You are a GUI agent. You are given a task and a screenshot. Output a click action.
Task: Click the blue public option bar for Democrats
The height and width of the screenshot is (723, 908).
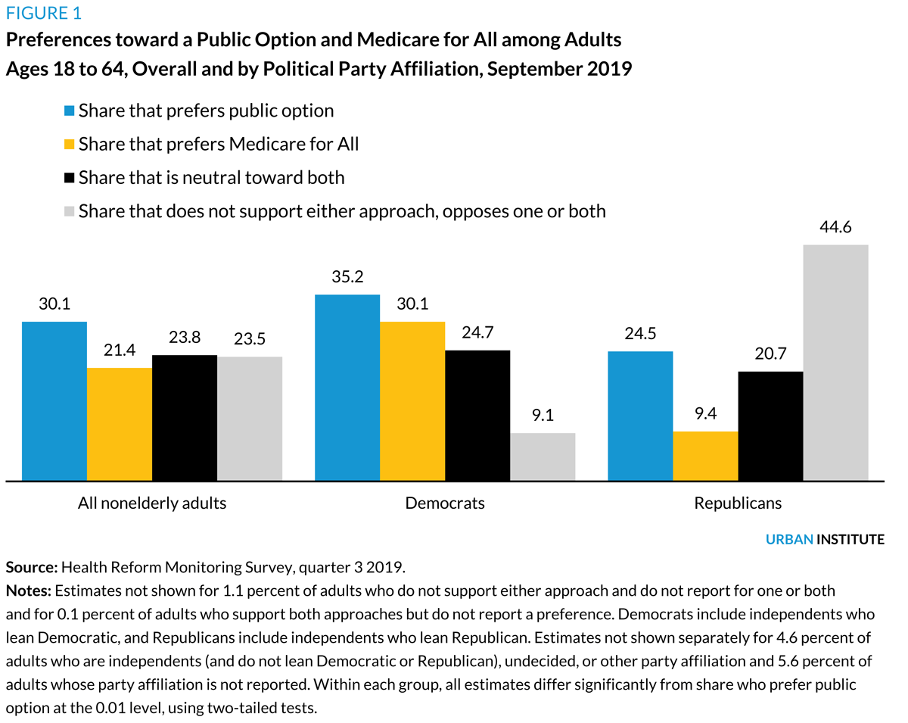point(347,387)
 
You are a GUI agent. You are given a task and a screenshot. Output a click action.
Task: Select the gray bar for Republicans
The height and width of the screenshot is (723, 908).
point(835,362)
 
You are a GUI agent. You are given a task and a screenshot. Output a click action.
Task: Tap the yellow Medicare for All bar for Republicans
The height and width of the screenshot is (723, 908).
point(705,456)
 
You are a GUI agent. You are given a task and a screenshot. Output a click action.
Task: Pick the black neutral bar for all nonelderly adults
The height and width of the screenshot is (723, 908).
point(185,417)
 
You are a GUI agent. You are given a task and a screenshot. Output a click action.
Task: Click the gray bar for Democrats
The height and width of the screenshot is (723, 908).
point(543,457)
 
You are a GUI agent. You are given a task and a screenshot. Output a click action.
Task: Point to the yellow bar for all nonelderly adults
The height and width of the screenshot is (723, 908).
point(120,424)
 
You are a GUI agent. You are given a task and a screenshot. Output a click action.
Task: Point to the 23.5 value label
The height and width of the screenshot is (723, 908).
point(250,340)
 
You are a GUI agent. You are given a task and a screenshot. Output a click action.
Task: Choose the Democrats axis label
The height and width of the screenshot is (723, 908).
point(445,503)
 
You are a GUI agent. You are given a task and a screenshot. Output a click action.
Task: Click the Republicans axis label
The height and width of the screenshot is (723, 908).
point(738,503)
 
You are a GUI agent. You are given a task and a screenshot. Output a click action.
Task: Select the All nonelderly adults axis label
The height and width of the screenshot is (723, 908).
point(152,503)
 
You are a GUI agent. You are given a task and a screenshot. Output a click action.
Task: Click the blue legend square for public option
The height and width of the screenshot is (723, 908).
point(70,111)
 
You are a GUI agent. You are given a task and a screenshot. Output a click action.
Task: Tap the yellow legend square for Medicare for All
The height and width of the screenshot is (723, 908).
point(70,145)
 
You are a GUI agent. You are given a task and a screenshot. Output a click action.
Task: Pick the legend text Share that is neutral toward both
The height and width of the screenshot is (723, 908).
point(211,178)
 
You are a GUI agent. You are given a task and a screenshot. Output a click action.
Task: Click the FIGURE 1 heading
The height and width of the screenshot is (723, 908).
point(44,13)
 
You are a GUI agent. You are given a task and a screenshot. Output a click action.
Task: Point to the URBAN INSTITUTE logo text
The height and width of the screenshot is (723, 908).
point(825,540)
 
